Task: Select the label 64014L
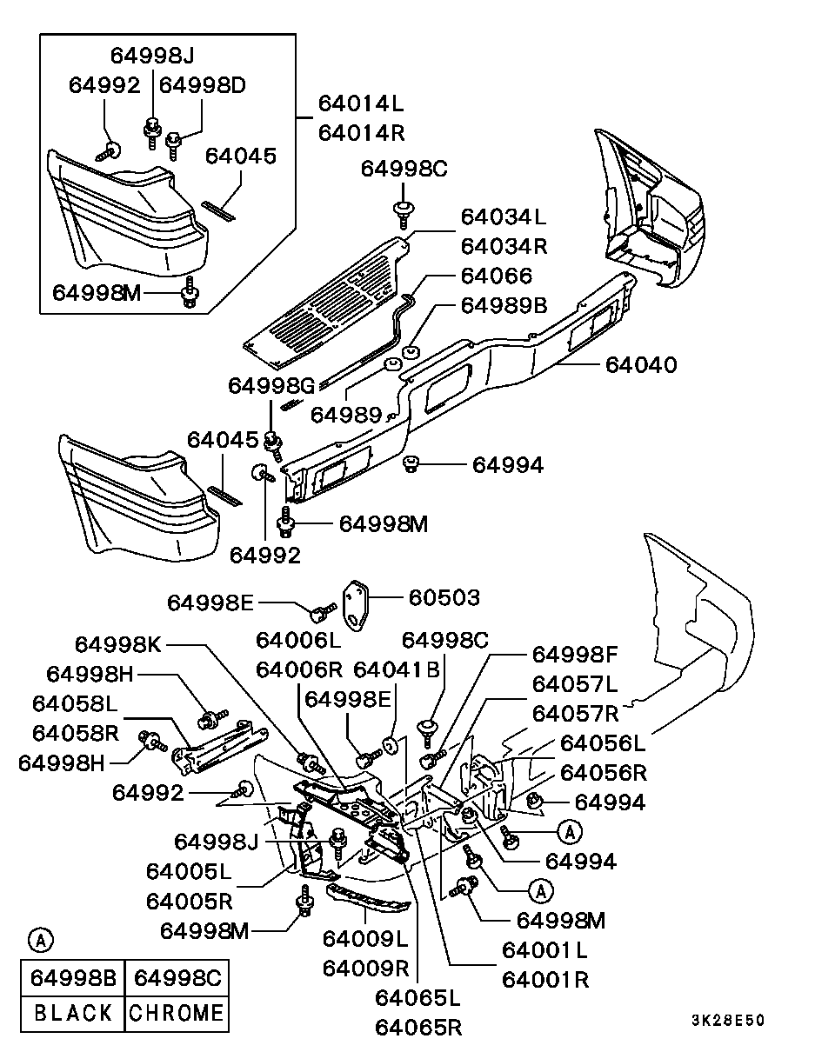click(x=361, y=103)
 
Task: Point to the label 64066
click(x=496, y=276)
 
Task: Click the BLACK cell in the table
click(x=72, y=1013)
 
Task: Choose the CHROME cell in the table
click(x=177, y=1013)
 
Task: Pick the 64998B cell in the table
click(x=72, y=977)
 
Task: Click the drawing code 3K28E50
click(x=728, y=1021)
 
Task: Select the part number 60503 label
click(x=444, y=598)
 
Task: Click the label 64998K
click(x=117, y=644)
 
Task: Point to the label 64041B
click(x=396, y=670)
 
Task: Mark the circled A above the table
click(x=40, y=939)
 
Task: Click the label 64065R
click(x=418, y=1028)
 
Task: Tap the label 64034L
click(x=504, y=216)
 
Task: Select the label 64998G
click(x=271, y=384)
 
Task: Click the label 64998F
click(x=575, y=654)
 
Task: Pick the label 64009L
click(x=365, y=939)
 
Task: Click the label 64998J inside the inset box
click(x=152, y=56)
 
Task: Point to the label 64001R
click(x=545, y=979)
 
